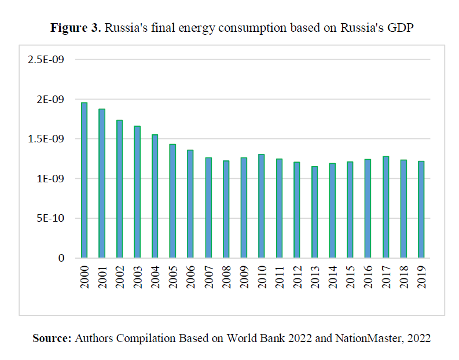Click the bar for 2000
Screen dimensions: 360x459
point(84,180)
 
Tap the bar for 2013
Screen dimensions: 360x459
point(314,212)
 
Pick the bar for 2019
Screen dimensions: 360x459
point(421,210)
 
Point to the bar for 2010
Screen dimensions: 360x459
point(261,206)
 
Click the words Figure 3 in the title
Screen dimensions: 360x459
point(75,28)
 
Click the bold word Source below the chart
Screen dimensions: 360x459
point(52,339)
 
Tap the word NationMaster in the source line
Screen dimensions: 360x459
point(361,339)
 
